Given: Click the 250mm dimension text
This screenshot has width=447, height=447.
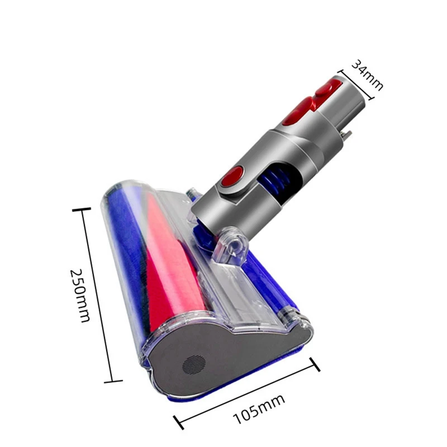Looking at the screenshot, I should coord(80,294).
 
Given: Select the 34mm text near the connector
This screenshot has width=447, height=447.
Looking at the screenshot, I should coord(367,75).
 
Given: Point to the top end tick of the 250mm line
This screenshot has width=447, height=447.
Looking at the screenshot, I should coord(82,210).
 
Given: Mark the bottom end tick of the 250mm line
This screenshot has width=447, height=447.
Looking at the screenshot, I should coord(113,381).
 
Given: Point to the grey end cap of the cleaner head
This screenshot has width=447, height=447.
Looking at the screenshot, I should coord(235,358).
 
